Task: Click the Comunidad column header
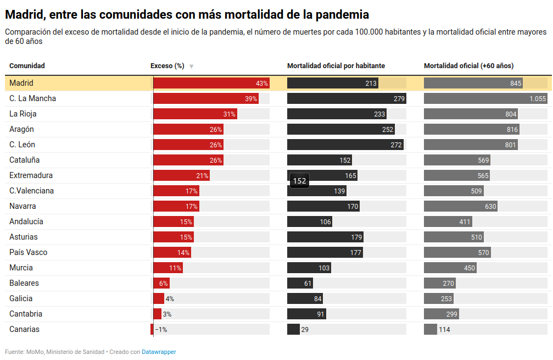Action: pyautogui.click(x=27, y=66)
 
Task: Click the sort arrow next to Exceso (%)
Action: pyautogui.click(x=191, y=67)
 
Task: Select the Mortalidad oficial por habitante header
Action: pyautogui.click(x=336, y=66)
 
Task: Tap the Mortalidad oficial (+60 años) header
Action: pyautogui.click(x=468, y=66)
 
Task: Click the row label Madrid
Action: pyautogui.click(x=21, y=83)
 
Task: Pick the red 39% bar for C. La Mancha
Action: pyautogui.click(x=205, y=99)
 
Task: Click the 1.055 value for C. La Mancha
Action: pyautogui.click(x=538, y=99)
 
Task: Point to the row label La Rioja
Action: pyautogui.click(x=23, y=114)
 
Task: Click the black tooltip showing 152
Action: pyautogui.click(x=299, y=181)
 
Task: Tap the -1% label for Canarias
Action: pyautogui.click(x=161, y=330)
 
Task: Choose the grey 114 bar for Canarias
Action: pyautogui.click(x=430, y=330)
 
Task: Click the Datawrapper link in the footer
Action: pyautogui.click(x=159, y=352)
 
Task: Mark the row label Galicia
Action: pyautogui.click(x=21, y=298)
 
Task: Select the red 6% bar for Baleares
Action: pyautogui.click(x=161, y=284)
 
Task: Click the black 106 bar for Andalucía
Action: pyautogui.click(x=309, y=222)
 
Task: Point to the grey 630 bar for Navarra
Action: pyautogui.click(x=460, y=207)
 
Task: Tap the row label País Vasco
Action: pyautogui.click(x=28, y=252)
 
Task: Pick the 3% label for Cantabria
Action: pyautogui.click(x=167, y=314)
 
